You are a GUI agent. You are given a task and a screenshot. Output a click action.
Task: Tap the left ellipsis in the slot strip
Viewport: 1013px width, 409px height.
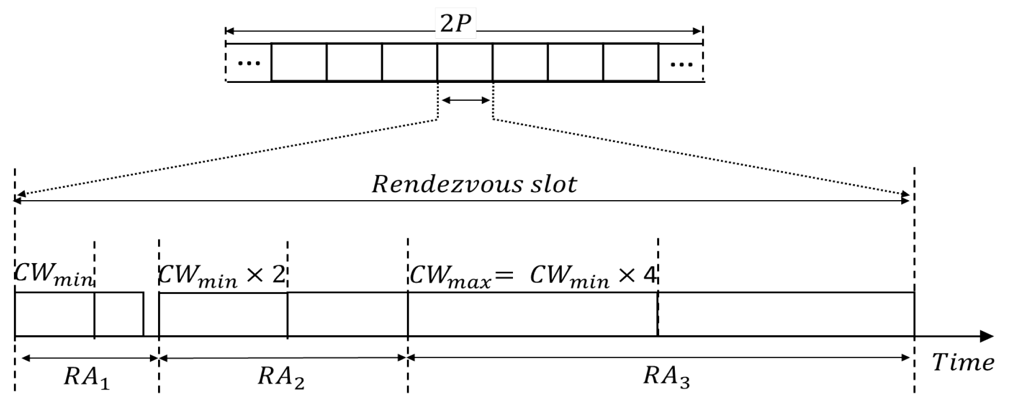coord(248,64)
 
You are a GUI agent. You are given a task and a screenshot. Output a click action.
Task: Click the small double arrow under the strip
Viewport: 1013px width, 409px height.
coord(466,100)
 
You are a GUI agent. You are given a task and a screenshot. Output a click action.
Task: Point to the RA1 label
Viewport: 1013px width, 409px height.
coord(86,377)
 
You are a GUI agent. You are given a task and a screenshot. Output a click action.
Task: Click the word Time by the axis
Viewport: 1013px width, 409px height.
coord(962,363)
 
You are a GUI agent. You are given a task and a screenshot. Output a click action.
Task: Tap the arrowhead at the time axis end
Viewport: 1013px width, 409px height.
coord(987,337)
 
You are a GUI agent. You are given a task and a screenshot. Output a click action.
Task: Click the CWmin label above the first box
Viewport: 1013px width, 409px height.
coord(53,274)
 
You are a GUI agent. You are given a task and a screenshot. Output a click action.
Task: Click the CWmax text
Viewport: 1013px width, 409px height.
coord(450,276)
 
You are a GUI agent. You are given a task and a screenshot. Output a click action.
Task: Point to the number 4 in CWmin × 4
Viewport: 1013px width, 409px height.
coord(650,275)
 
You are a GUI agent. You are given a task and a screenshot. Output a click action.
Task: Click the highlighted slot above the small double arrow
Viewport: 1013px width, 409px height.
coord(465,62)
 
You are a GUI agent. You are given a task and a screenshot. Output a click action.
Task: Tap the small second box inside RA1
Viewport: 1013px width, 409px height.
coord(119,315)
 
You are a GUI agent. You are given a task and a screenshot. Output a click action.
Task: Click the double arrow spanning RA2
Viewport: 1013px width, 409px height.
coord(283,358)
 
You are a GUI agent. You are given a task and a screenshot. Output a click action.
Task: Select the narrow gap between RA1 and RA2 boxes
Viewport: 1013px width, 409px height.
coord(151,315)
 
